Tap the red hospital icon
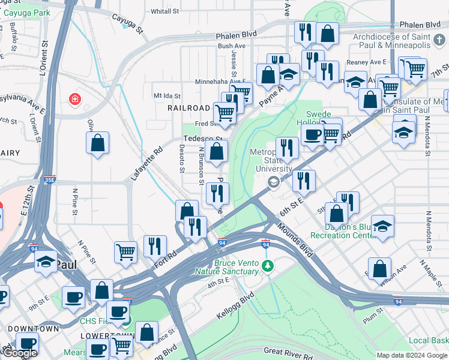74,98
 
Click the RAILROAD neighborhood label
188,108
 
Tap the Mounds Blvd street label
295,239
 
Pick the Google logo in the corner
20,353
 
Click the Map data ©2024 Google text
412,355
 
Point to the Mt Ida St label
167,95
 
